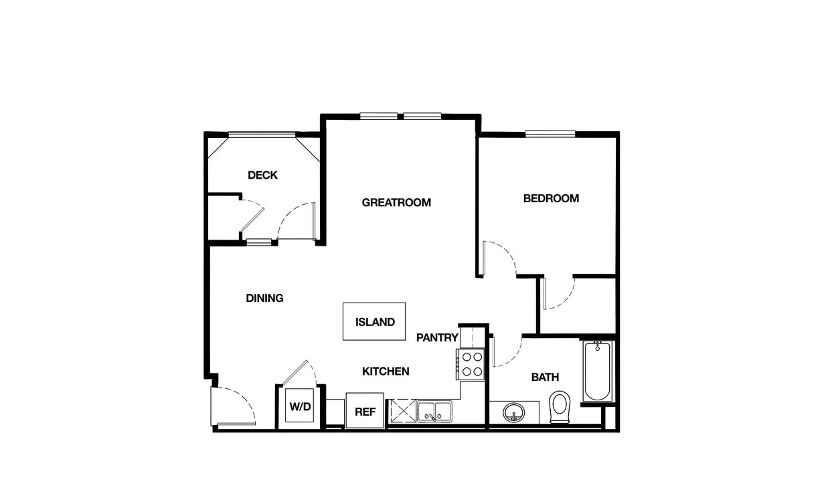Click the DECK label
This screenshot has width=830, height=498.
tap(262, 175)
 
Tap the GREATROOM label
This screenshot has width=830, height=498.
tap(396, 202)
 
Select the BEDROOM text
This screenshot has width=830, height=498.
tap(551, 198)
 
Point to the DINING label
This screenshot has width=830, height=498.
tap(264, 298)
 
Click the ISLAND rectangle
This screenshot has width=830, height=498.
tap(374, 321)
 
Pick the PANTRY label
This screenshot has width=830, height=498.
tap(437, 337)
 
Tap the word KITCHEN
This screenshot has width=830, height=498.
tap(386, 371)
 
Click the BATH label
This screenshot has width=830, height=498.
tap(545, 378)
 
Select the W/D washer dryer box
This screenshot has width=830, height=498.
tap(300, 406)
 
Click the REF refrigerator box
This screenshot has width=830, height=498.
tap(365, 411)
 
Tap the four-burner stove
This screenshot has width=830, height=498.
tap(471, 364)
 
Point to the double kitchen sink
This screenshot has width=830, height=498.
tap(434, 412)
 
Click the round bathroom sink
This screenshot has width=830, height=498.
tap(513, 412)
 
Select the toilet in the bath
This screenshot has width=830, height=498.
tap(560, 406)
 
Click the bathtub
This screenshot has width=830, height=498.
tap(597, 371)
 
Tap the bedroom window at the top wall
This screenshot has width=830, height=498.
tap(550, 133)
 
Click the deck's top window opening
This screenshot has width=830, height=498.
tap(262, 135)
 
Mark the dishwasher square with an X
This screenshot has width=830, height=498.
tap(403, 411)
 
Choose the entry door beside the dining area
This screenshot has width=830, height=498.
tap(233, 406)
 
